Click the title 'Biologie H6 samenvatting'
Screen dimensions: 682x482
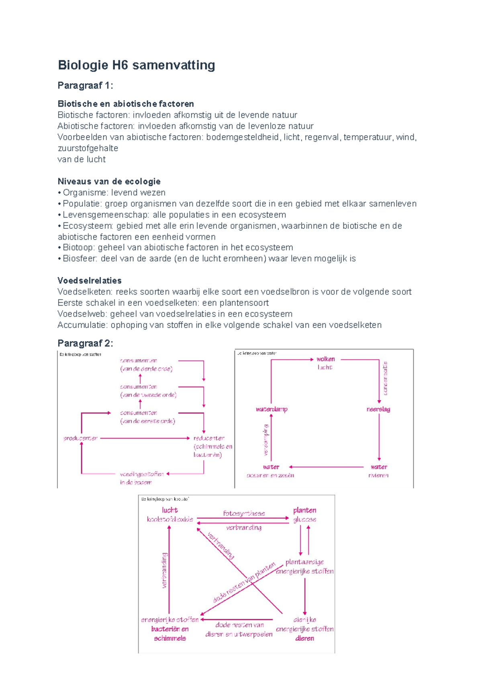pyautogui.click(x=136, y=65)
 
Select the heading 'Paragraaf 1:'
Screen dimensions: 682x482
pyautogui.click(x=85, y=85)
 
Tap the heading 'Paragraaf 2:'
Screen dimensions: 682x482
pyautogui.click(x=85, y=343)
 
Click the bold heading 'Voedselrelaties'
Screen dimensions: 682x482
pyautogui.click(x=89, y=280)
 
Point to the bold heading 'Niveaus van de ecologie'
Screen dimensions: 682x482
pyautogui.click(x=109, y=181)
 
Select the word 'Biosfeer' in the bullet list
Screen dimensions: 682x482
pyautogui.click(x=80, y=259)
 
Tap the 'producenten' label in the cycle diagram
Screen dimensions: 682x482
pyautogui.click(x=80, y=438)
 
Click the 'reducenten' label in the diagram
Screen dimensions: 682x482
pyautogui.click(x=209, y=438)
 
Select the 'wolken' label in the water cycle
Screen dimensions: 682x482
pyautogui.click(x=325, y=359)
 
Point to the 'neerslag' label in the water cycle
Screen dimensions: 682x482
pyautogui.click(x=378, y=409)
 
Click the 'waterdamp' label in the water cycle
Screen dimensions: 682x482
pyautogui.click(x=272, y=409)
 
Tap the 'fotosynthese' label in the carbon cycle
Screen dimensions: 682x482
pyautogui.click(x=244, y=514)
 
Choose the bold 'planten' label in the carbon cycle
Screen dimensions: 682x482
pyautogui.click(x=304, y=510)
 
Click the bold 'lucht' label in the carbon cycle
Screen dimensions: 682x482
pyautogui.click(x=170, y=510)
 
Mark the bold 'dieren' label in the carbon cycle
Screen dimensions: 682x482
pyautogui.click(x=304, y=638)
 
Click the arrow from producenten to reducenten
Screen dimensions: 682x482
pyautogui.click(x=145, y=438)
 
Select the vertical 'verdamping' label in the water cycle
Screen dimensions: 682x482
pyautogui.click(x=266, y=440)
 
